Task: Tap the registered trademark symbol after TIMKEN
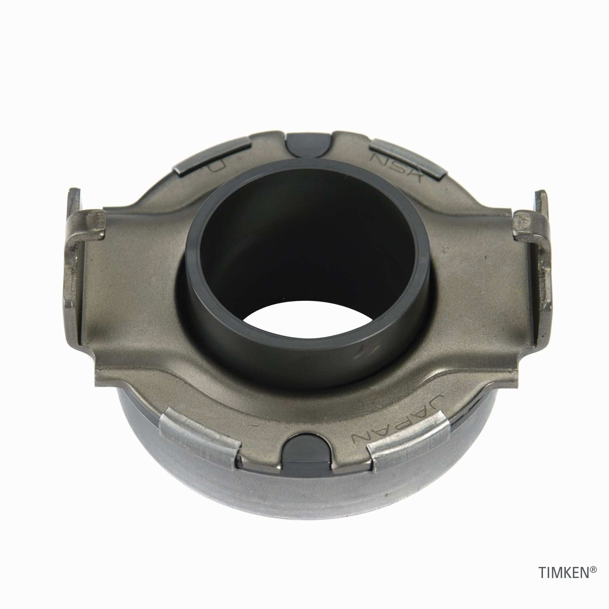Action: tap(593, 580)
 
